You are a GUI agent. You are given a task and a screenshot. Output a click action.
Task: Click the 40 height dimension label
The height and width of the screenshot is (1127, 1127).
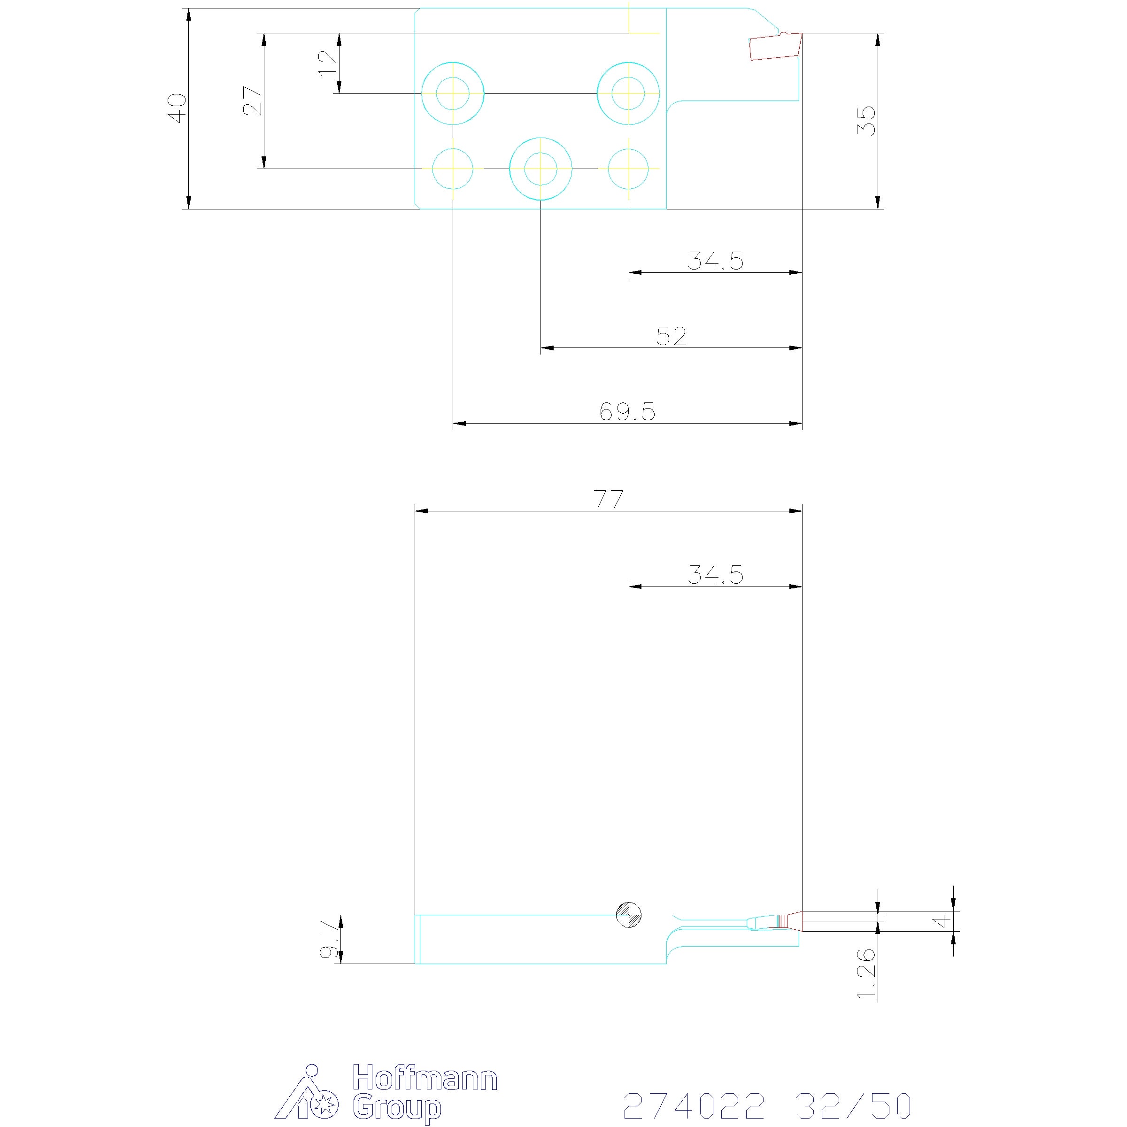pyautogui.click(x=177, y=108)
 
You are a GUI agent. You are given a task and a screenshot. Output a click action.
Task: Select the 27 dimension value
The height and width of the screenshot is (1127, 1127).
pyautogui.click(x=253, y=101)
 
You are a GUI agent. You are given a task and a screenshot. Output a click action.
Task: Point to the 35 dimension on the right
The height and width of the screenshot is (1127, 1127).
pyautogui.click(x=866, y=121)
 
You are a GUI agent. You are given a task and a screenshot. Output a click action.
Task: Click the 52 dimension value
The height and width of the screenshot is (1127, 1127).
pyautogui.click(x=672, y=336)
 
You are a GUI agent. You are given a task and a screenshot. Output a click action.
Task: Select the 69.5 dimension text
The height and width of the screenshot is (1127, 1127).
pyautogui.click(x=628, y=412)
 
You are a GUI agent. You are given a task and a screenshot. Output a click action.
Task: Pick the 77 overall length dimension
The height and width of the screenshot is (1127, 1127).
pyautogui.click(x=609, y=499)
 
